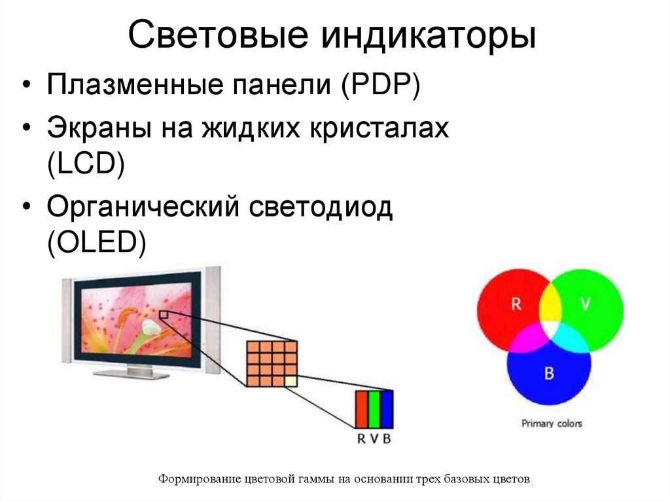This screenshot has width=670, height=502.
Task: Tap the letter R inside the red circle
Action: click(x=516, y=304)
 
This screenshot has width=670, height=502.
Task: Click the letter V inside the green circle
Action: click(x=585, y=304)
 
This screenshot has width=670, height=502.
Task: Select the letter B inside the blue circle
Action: click(x=549, y=374)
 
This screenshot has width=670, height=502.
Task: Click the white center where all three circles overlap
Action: click(x=550, y=325)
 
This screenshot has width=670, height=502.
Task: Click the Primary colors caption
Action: click(x=551, y=423)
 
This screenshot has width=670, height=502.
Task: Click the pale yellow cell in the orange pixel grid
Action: click(x=291, y=380)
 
